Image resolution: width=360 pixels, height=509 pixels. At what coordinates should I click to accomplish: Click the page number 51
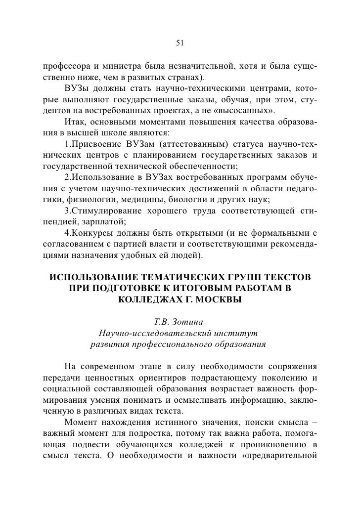tap(180, 43)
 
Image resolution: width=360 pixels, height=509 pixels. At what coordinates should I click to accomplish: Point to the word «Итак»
tap(75, 122)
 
